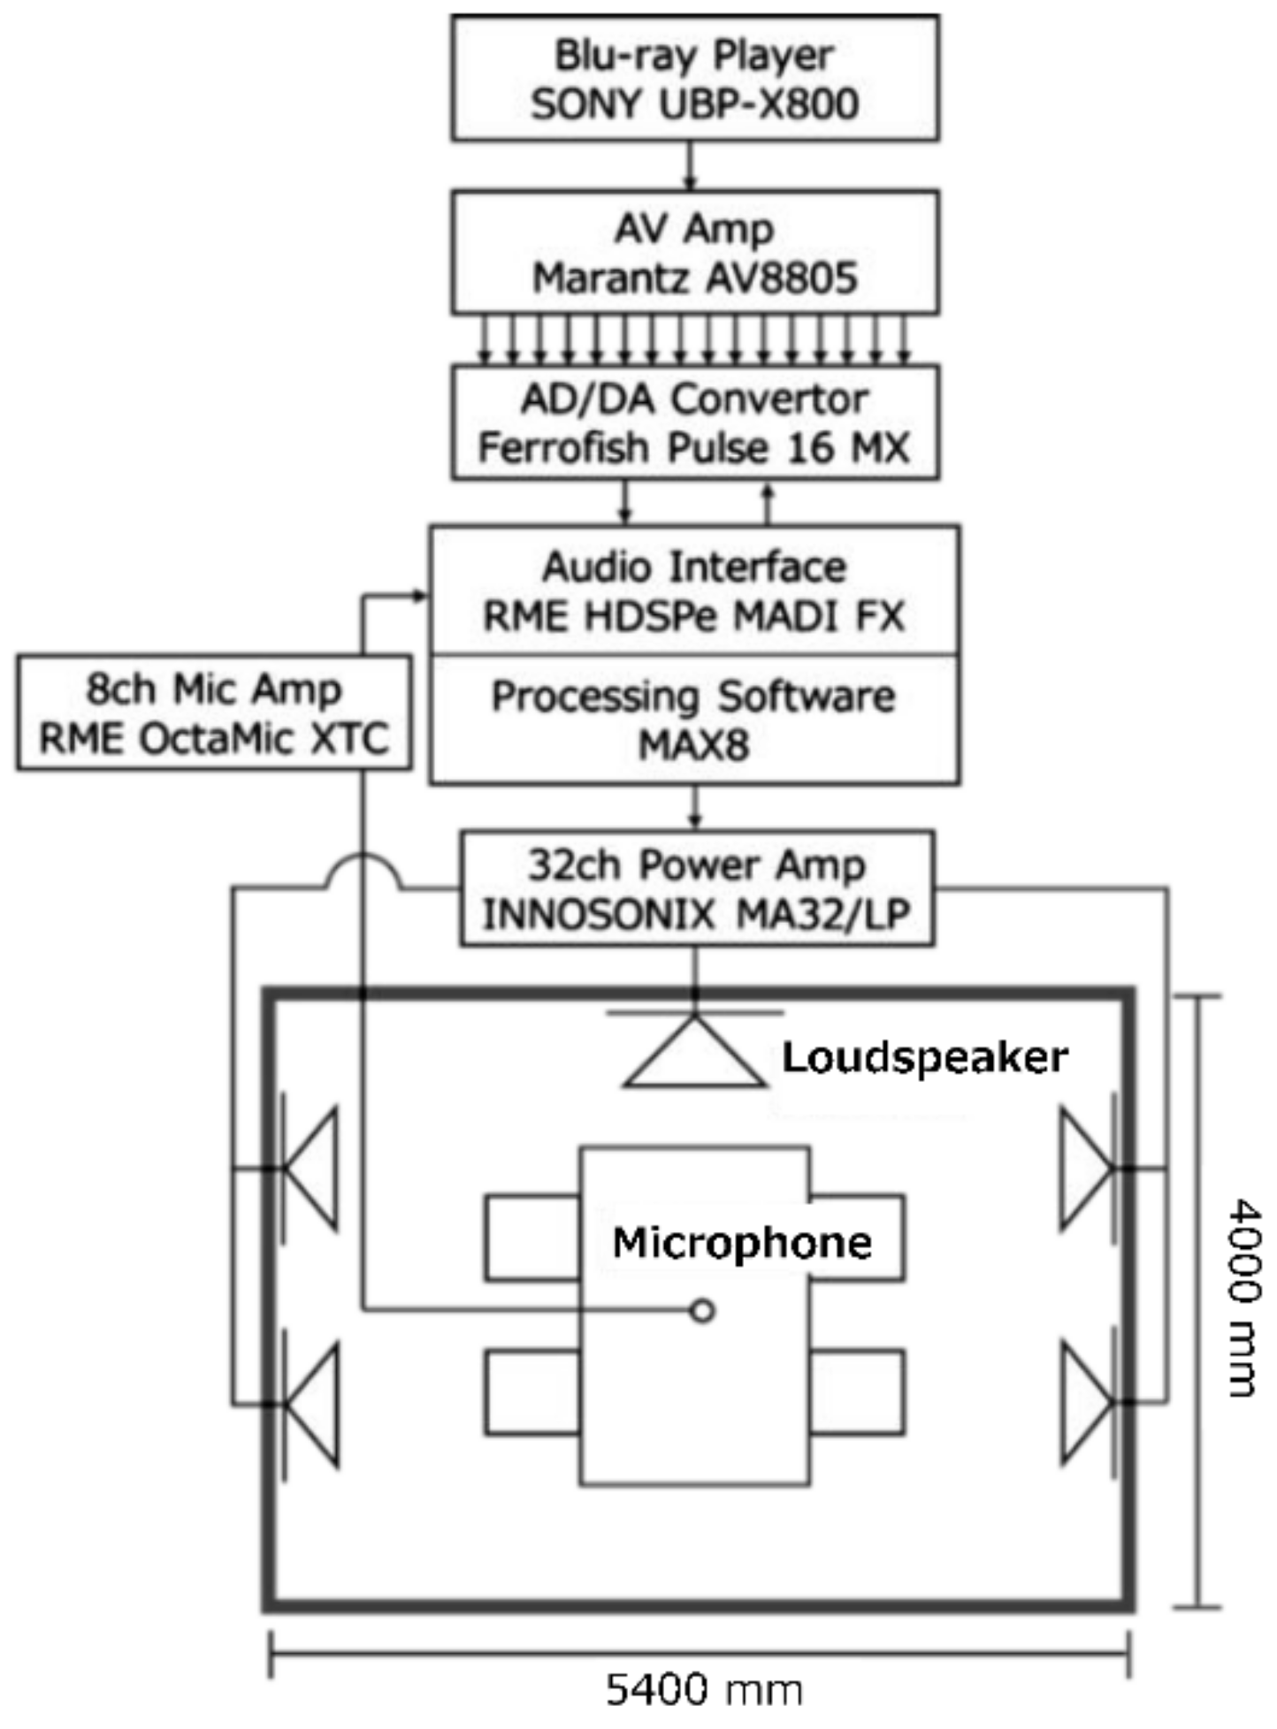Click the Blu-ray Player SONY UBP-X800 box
695,79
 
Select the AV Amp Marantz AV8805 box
695,253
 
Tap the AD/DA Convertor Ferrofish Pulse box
695,423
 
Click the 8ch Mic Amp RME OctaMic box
214,713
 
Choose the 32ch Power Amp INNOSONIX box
697,889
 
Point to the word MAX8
694,745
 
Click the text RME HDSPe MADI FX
694,616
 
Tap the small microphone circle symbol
702,1311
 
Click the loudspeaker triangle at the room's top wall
695,1055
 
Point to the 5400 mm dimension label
705,1690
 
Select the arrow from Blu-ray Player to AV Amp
691,165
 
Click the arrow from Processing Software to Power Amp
695,807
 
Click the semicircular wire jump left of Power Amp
363,871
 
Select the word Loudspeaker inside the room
925,1058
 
